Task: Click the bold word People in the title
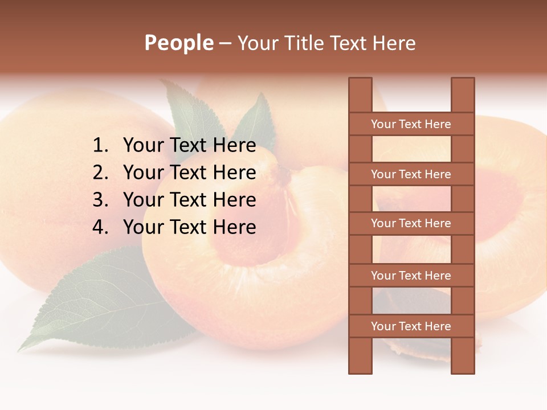tap(179, 43)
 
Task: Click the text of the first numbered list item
tap(189, 146)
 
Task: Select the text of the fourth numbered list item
tap(189, 228)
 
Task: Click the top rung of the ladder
tap(411, 124)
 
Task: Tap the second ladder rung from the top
tap(411, 174)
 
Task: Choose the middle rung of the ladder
tap(411, 224)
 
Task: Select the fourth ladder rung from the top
tap(411, 276)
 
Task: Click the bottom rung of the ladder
tap(411, 326)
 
